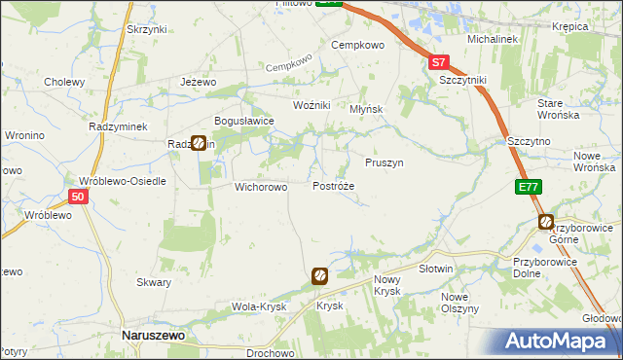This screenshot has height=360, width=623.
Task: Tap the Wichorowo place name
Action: point(260,187)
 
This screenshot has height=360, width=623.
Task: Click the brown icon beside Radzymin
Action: point(198,143)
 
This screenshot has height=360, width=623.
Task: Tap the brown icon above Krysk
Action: point(319,277)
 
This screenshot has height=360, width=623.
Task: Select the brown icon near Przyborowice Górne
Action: point(546,224)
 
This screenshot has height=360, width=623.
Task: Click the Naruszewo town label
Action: point(154,335)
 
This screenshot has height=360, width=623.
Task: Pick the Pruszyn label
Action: point(384,163)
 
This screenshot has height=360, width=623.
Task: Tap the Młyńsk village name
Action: point(367,110)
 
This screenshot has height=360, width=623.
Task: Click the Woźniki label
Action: point(312,104)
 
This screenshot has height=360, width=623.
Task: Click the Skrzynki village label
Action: point(147,29)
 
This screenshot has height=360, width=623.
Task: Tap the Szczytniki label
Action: point(461,80)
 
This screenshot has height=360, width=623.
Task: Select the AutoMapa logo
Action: point(561,342)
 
